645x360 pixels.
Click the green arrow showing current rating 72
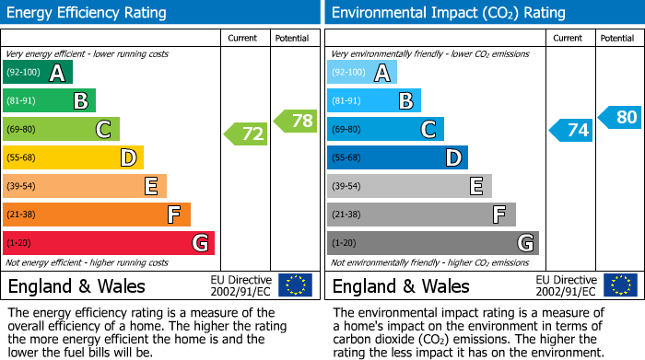246,134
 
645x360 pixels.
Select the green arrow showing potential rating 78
295,120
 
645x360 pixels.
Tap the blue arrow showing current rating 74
570,130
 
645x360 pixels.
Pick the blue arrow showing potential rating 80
619,117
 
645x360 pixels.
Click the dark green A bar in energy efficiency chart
38,73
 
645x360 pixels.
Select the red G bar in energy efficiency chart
109,243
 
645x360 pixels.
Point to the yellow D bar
73,158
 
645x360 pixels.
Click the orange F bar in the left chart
97,215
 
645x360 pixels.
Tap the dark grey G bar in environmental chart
432,243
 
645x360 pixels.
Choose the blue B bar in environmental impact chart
373,100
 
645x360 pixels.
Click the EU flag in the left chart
295,285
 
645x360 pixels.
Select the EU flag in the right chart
619,285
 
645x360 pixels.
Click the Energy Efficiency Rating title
88,13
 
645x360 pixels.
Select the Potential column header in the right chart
616,38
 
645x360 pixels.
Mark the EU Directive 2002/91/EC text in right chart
566,285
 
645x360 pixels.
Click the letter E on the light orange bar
150,186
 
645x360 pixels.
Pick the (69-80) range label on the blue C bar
347,130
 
